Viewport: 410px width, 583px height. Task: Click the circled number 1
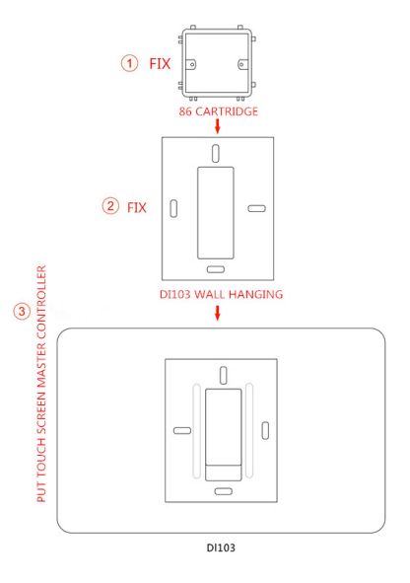(x=130, y=63)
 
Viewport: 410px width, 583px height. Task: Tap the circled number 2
(x=110, y=206)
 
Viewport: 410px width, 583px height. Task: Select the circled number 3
(x=22, y=311)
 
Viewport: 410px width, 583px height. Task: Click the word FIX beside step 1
(x=160, y=64)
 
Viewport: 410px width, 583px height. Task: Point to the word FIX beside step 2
(x=137, y=207)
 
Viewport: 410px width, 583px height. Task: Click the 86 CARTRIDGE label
(x=219, y=111)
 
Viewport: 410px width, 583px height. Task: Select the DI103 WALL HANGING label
(x=222, y=295)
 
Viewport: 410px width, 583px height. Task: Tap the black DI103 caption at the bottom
(x=221, y=547)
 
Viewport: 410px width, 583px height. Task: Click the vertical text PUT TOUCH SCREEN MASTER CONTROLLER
(x=41, y=384)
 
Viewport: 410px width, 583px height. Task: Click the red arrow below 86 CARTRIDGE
(x=218, y=126)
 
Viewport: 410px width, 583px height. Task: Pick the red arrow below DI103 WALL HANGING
(x=218, y=313)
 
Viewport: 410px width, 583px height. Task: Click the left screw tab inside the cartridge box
(x=191, y=64)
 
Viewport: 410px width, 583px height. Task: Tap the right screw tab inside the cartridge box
(x=242, y=65)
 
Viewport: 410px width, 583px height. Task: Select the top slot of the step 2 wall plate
(x=216, y=154)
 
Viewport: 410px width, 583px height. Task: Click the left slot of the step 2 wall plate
(x=173, y=208)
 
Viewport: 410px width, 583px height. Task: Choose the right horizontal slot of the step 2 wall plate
(x=256, y=208)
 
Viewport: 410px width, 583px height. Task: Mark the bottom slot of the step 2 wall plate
(x=216, y=269)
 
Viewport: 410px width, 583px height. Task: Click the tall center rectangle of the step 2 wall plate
(x=216, y=213)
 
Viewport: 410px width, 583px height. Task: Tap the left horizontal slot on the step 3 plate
(x=182, y=430)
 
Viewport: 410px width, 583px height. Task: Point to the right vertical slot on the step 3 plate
(x=265, y=430)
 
